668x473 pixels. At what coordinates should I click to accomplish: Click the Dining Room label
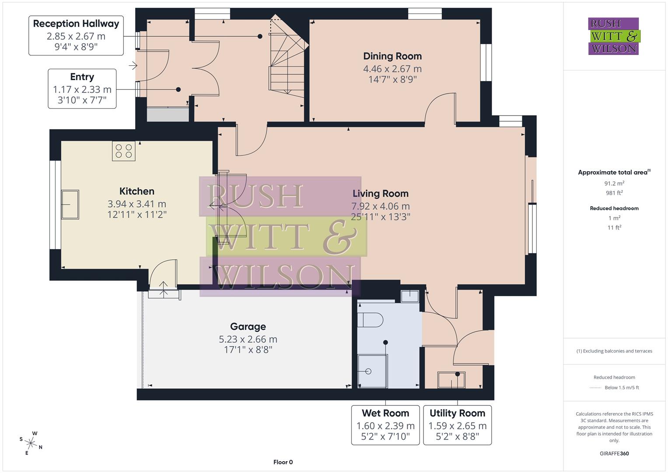(392, 56)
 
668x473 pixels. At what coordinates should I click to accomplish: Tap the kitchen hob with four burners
(124, 151)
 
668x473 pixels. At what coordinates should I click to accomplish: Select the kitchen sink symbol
(70, 204)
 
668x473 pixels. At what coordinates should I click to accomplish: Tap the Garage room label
(248, 327)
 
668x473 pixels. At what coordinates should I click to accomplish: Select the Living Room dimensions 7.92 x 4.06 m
(380, 206)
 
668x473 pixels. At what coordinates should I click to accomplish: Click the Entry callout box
(82, 89)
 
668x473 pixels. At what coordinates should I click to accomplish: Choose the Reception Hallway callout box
(76, 35)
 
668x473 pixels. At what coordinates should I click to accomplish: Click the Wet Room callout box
(385, 425)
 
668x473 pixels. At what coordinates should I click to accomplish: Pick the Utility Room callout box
(457, 425)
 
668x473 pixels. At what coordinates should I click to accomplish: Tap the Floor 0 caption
(283, 462)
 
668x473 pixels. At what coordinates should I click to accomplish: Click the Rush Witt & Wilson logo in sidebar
(613, 36)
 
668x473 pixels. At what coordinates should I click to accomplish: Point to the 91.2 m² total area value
(614, 184)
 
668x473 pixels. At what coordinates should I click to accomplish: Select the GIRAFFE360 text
(614, 453)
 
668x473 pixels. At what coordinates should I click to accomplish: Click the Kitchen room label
(137, 191)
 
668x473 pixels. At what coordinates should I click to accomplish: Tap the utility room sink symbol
(451, 380)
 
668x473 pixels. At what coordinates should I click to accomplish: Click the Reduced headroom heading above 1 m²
(614, 208)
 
